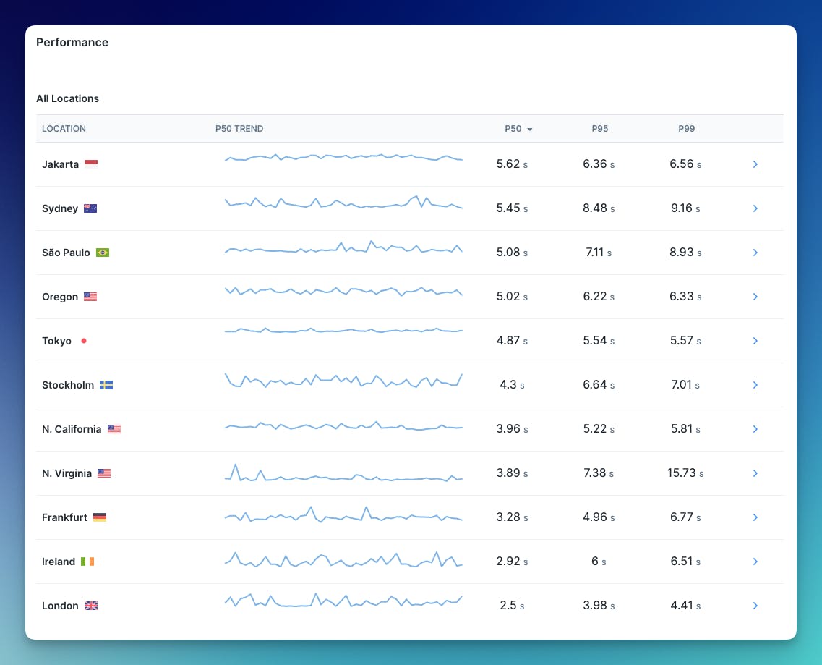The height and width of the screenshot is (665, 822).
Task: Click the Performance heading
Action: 72,43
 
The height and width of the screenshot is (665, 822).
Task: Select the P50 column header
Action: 513,129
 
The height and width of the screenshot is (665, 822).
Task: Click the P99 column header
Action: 686,129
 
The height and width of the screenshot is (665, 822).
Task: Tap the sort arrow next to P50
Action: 530,130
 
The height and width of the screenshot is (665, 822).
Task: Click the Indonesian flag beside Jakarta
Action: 91,164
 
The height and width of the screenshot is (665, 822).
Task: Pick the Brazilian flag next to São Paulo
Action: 103,253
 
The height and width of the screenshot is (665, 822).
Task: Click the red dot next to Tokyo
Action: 84,341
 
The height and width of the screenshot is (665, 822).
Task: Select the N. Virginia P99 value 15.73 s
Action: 685,473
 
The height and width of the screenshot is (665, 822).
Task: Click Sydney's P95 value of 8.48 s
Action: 599,208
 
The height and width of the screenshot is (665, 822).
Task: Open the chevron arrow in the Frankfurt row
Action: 755,517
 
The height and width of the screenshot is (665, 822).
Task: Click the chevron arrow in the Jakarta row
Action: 755,164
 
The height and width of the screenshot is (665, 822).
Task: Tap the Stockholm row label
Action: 68,385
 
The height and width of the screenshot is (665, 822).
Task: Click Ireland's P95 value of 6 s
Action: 599,562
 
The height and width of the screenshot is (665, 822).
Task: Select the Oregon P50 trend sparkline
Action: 343,292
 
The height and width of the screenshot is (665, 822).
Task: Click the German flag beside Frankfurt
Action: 100,517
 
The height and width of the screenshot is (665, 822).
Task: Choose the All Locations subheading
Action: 68,98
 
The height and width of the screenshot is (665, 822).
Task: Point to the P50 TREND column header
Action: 239,129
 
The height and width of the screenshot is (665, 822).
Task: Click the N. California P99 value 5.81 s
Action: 685,429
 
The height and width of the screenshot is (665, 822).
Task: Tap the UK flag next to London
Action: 91,606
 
